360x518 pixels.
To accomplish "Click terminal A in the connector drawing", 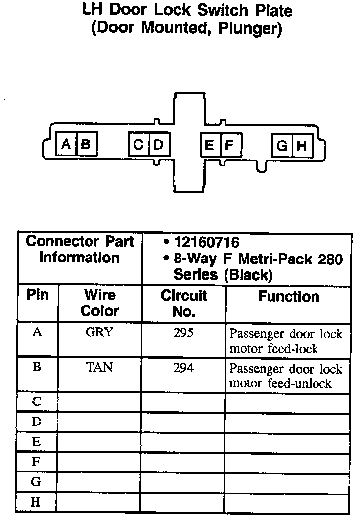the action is pyautogui.click(x=66, y=144).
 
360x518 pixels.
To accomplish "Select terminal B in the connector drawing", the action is pyautogui.click(x=86, y=144).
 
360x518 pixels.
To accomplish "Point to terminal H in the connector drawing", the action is pyautogui.click(x=301, y=146).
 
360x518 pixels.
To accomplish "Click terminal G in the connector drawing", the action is pyautogui.click(x=282, y=146).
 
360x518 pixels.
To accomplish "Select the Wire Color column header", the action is pyautogui.click(x=100, y=303).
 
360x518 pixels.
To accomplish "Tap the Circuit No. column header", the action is pyautogui.click(x=184, y=303).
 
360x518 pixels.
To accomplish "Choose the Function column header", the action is pyautogui.click(x=289, y=297).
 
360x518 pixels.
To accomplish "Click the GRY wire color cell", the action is pyautogui.click(x=99, y=332).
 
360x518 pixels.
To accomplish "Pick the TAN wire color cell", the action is pyautogui.click(x=99, y=367).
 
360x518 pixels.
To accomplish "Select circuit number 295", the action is pyautogui.click(x=183, y=333).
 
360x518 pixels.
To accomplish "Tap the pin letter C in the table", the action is pyautogui.click(x=36, y=402).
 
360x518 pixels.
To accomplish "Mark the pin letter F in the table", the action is pyautogui.click(x=36, y=462).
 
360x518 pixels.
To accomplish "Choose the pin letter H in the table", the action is pyautogui.click(x=36, y=502).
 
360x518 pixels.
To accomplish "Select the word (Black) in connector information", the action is pyautogui.click(x=248, y=275).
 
